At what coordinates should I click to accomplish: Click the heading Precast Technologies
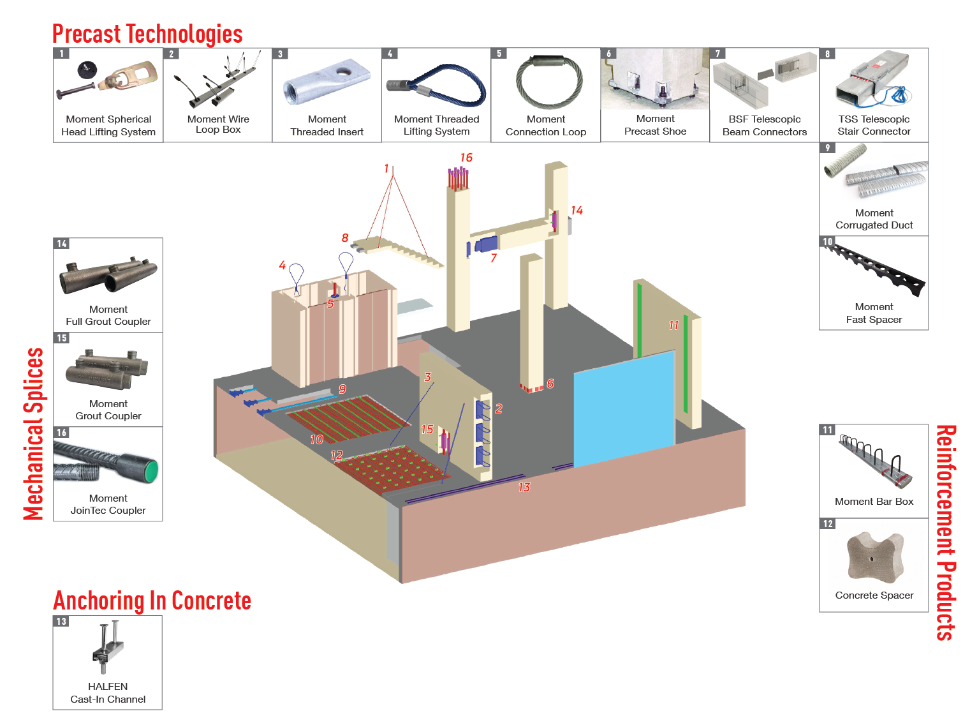(147, 34)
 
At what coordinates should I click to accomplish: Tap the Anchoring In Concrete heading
(152, 601)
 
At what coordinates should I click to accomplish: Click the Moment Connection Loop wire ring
(548, 82)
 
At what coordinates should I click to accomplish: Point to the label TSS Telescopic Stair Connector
(874, 125)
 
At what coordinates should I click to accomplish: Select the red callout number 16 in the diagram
(466, 158)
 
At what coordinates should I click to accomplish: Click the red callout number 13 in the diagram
(524, 488)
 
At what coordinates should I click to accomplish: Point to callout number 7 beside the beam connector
(494, 258)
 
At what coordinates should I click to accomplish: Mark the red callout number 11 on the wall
(673, 325)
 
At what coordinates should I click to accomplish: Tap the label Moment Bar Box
(874, 502)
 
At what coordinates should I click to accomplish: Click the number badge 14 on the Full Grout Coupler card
(62, 244)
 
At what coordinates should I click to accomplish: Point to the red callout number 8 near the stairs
(345, 238)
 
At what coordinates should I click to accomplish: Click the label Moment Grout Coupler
(108, 410)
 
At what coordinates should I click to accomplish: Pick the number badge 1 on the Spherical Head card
(61, 54)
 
